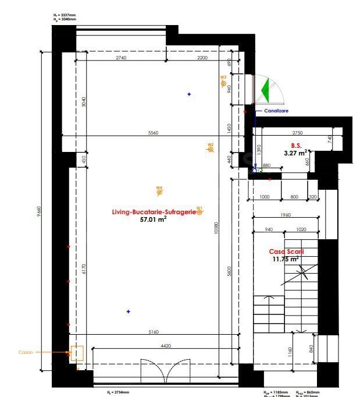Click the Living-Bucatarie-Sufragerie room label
coord(154,212)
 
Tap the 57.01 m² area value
coord(154,220)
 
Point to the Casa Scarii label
coord(286,252)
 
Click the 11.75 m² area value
coord(286,260)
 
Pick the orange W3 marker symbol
coord(223,84)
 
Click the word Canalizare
coord(276,111)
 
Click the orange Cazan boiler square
coord(76,353)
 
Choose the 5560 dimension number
coord(153,133)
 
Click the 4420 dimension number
coord(166,346)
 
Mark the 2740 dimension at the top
coord(121,59)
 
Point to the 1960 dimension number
coord(284,215)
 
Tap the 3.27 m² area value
coord(295,154)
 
